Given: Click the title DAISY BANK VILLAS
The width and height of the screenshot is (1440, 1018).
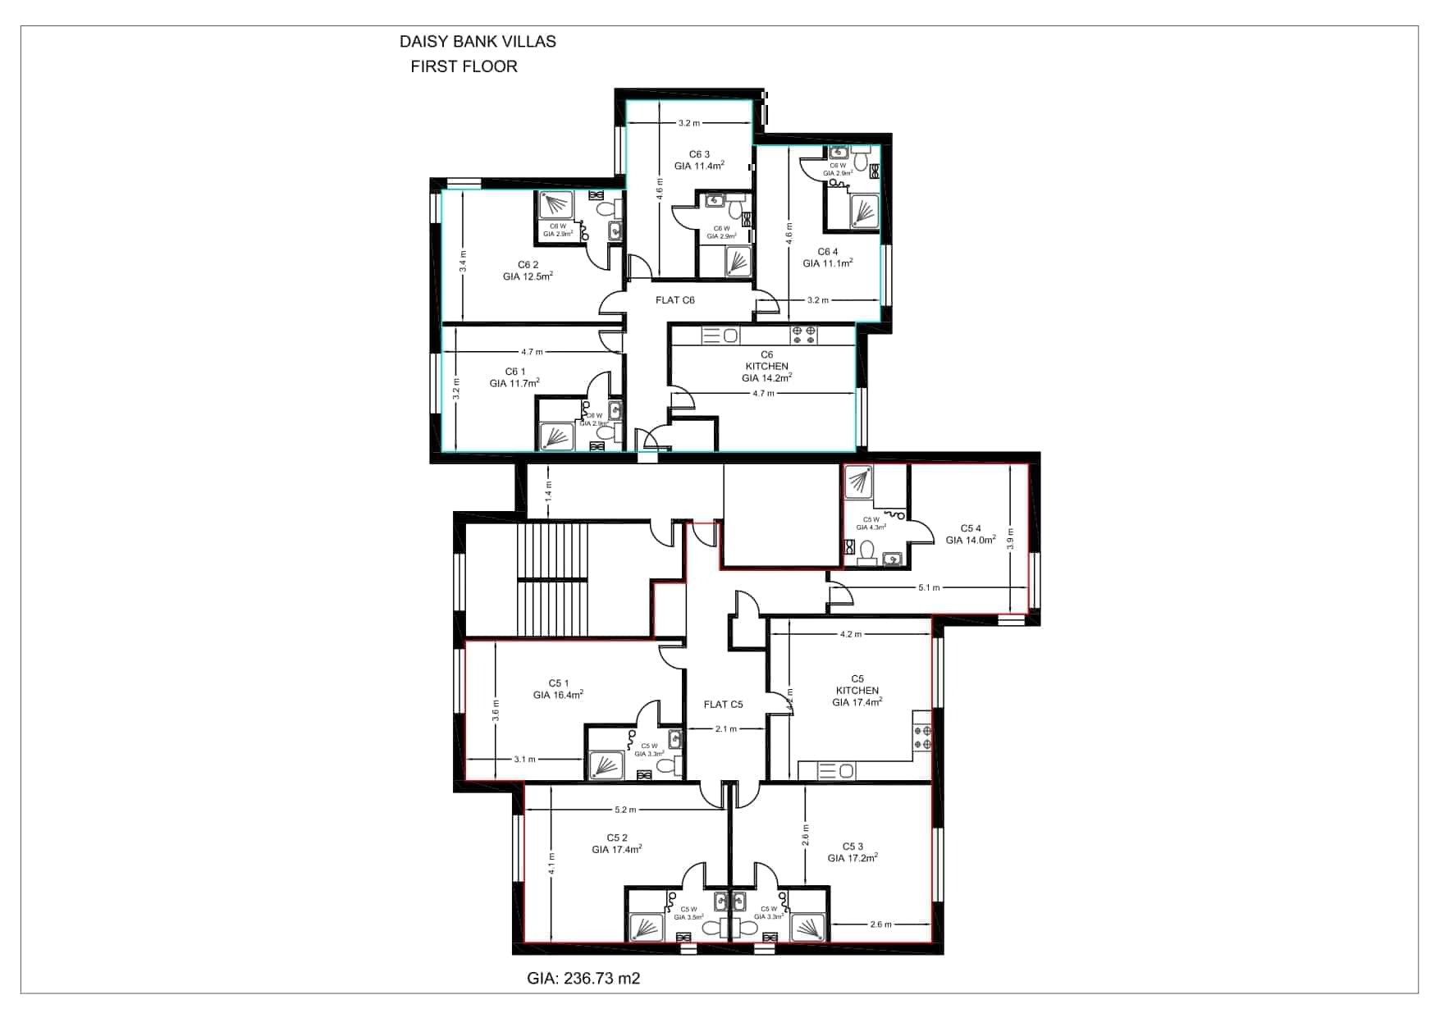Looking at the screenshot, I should pos(477,42).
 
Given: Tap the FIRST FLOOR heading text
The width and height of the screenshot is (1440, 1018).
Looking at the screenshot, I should pos(464,67).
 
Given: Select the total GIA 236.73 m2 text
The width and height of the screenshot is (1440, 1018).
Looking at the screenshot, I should pos(583,979).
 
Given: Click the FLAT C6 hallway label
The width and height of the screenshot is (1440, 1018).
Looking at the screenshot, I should pos(674,300).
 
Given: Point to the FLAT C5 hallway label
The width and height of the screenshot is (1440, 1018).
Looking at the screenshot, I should pos(723,705).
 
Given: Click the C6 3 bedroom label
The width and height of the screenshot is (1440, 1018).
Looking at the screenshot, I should pos(699,154).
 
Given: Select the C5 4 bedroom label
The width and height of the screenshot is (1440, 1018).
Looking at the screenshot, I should pos(971,528).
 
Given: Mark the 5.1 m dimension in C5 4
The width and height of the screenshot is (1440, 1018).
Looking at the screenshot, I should pos(929,588).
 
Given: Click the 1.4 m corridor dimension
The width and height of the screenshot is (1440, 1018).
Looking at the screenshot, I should pos(549,491).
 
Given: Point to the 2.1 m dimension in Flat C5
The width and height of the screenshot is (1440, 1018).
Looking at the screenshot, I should pos(725,728).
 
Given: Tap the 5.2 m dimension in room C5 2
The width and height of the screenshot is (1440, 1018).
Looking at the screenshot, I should pos(624,810).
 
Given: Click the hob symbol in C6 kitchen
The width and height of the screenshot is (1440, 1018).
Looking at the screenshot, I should pos(803,335).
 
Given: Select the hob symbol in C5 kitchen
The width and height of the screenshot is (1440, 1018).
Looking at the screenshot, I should pos(922,737).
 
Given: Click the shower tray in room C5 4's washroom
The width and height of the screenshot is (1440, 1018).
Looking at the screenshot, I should pos(858,483).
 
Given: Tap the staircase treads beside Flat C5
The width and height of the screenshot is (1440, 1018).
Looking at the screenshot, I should pos(552,578).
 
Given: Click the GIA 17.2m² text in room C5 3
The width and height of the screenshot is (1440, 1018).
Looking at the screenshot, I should pos(853,858).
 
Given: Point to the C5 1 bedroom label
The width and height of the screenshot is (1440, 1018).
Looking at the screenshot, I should pos(558,683).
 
